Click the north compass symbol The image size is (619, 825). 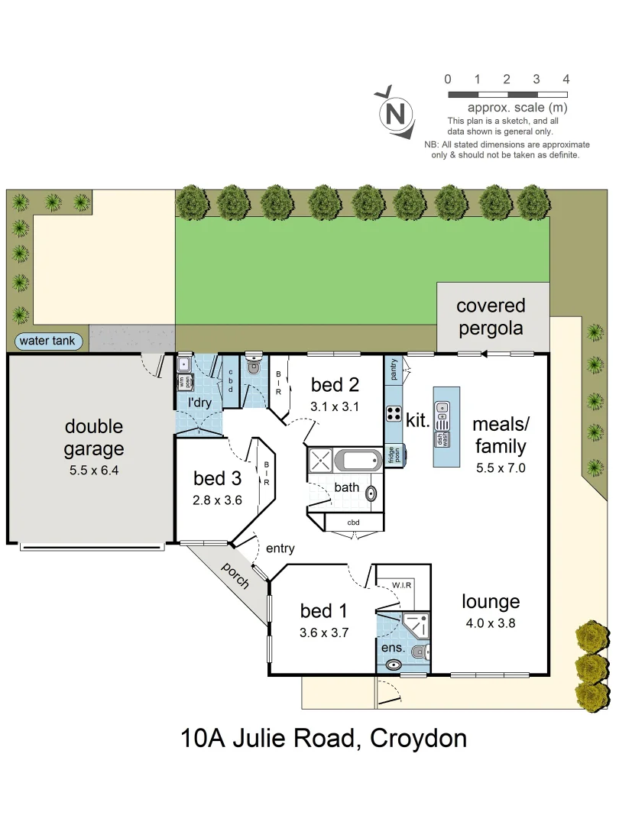click(396, 114)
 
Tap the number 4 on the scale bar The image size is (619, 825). click(566, 79)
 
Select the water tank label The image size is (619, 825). click(47, 341)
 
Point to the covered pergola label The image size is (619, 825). click(491, 317)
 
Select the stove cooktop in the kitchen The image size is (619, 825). click(394, 413)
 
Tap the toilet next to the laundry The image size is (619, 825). click(254, 367)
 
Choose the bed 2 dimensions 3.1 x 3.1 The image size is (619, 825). click(335, 406)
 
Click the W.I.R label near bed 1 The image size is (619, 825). click(402, 586)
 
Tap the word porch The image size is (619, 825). click(235, 575)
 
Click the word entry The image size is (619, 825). click(280, 548)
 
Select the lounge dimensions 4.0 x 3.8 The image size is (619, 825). click(491, 623)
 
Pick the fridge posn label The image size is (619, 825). click(391, 455)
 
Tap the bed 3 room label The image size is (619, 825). click(218, 479)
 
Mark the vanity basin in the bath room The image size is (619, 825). click(371, 493)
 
